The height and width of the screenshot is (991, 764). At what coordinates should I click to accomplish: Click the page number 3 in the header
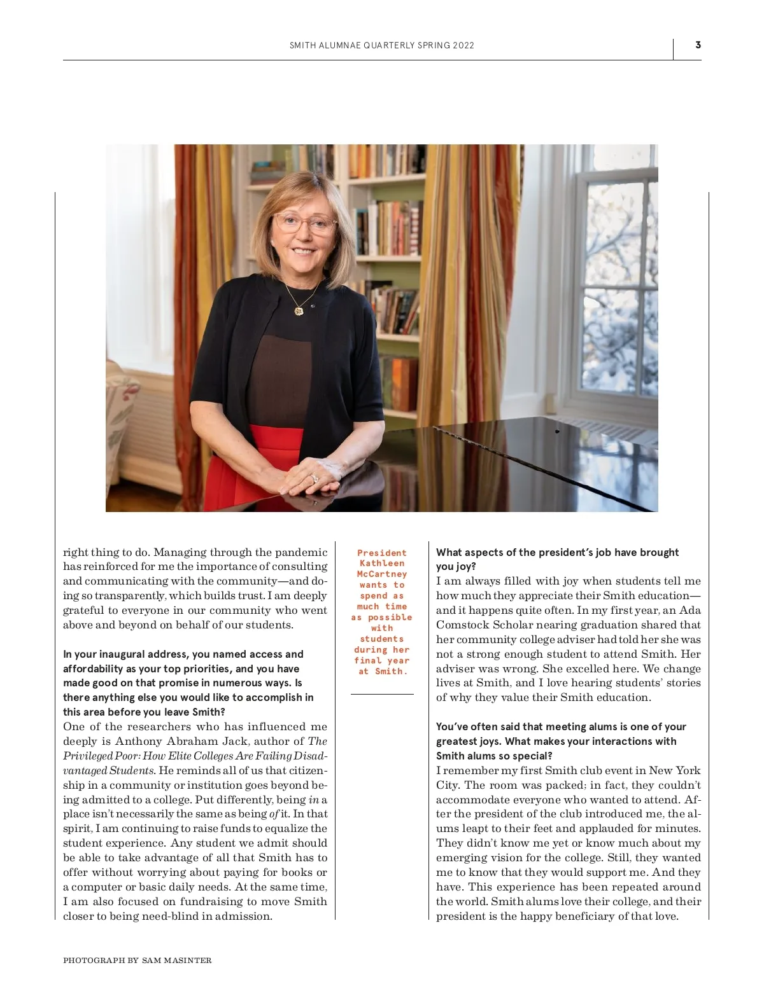[x=698, y=45]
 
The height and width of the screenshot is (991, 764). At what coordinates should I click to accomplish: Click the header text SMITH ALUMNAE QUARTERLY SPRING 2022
[x=381, y=46]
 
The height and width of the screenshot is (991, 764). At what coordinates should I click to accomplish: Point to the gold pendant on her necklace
[x=299, y=310]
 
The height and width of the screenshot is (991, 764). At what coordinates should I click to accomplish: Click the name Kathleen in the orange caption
[x=381, y=564]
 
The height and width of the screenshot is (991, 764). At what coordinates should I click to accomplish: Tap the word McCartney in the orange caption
[x=381, y=574]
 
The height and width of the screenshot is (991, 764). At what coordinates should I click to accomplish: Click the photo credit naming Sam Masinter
[x=137, y=960]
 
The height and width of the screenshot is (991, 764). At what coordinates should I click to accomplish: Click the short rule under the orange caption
[x=381, y=694]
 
